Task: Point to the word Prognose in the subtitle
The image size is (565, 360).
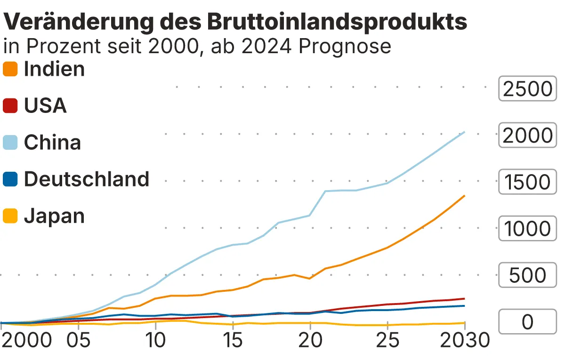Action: pyautogui.click(x=345, y=46)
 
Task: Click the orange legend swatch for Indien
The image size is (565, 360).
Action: pyautogui.click(x=10, y=69)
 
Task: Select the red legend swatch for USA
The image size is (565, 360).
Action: pyautogui.click(x=10, y=106)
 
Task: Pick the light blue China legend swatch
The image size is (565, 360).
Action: pyautogui.click(x=10, y=143)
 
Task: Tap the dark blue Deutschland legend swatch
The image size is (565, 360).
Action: pyautogui.click(x=10, y=179)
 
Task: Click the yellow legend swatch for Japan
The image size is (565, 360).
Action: pyautogui.click(x=10, y=216)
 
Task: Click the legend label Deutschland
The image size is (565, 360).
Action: pyautogui.click(x=87, y=179)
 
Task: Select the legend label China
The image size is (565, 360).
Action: pyautogui.click(x=52, y=143)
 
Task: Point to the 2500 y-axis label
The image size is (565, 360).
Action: pyautogui.click(x=527, y=89)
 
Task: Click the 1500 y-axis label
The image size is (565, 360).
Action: pyautogui.click(x=527, y=182)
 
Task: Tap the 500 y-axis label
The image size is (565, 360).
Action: pyautogui.click(x=527, y=276)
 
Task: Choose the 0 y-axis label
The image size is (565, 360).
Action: pyautogui.click(x=527, y=322)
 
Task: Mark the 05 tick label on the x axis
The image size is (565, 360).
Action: pyautogui.click(x=78, y=340)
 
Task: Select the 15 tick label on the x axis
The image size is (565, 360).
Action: pyautogui.click(x=233, y=340)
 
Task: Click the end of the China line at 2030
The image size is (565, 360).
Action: pyautogui.click(x=465, y=132)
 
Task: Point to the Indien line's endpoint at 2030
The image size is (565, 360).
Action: pyautogui.click(x=465, y=195)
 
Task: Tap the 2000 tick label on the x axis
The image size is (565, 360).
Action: pyautogui.click(x=26, y=340)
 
